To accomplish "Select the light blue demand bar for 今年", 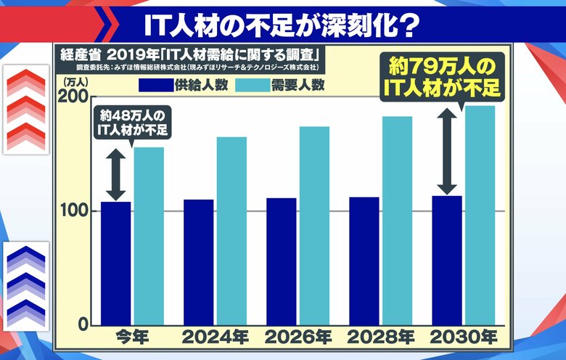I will click(148, 236).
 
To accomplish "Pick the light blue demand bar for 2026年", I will click(314, 225).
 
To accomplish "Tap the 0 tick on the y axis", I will click(82, 324).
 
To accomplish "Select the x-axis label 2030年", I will click(462, 337).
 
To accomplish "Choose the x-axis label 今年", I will click(132, 337).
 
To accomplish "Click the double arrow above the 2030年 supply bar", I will click(447, 152).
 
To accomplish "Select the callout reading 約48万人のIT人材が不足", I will click(131, 121).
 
